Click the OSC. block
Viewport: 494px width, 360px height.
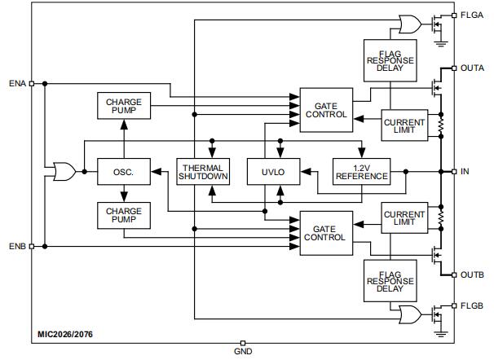pos(123,172)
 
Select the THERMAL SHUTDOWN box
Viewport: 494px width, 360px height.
pos(202,172)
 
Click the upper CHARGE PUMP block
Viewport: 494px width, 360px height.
pos(123,108)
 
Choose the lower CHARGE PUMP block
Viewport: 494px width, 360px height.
pos(123,216)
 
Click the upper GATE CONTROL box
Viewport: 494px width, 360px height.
pos(325,110)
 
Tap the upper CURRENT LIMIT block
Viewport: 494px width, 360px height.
pos(404,125)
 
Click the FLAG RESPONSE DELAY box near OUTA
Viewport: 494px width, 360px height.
pos(389,60)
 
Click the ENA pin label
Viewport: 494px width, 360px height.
pos(17,83)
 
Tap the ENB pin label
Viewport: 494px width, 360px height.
pos(17,246)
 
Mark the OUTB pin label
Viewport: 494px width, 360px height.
pos(473,274)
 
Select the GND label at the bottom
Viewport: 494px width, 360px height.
pos(243,353)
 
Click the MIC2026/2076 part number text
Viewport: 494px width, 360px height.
pos(65,334)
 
